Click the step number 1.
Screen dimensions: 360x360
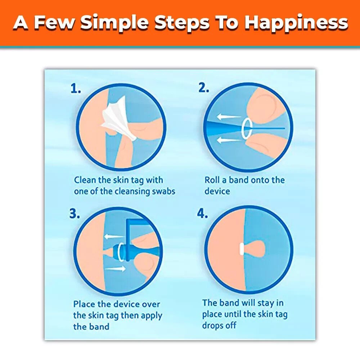click(76, 89)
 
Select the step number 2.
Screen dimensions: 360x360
click(204, 87)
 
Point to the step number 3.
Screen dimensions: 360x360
click(75, 213)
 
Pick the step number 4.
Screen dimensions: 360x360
click(202, 213)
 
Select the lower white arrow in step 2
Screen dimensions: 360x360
click(229, 140)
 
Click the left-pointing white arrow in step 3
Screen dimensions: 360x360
click(114, 237)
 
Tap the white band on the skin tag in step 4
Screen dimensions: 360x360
click(242, 249)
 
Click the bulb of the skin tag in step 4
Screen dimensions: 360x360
click(255, 249)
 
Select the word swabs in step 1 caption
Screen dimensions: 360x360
click(164, 191)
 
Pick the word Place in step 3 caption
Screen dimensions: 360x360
click(84, 304)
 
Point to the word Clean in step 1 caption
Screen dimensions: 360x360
click(85, 180)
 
